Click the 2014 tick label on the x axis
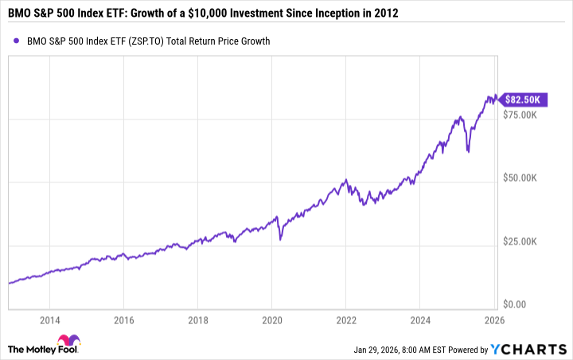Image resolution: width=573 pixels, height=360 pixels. (x=49, y=321)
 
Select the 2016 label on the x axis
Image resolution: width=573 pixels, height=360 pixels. (x=123, y=321)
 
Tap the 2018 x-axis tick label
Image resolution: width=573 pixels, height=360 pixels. (x=197, y=321)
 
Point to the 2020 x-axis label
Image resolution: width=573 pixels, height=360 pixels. (x=271, y=321)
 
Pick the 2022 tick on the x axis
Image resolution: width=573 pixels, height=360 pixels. (x=345, y=321)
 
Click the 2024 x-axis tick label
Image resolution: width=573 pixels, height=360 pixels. (x=419, y=321)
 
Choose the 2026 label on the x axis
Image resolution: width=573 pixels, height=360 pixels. (x=493, y=321)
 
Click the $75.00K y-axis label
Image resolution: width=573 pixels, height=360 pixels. (x=524, y=115)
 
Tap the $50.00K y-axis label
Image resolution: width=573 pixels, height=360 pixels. (x=524, y=178)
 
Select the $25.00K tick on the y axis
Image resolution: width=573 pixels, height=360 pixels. (x=524, y=241)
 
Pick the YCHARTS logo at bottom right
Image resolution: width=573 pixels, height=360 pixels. (x=529, y=348)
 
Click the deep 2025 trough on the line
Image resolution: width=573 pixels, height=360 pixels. (x=468, y=151)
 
